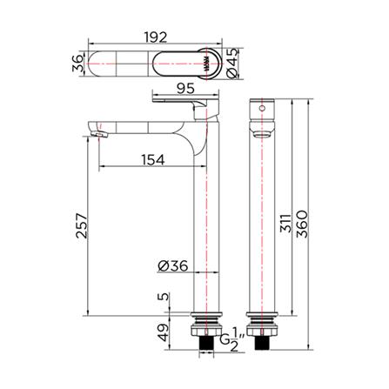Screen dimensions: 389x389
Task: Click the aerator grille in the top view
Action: point(205,64)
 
